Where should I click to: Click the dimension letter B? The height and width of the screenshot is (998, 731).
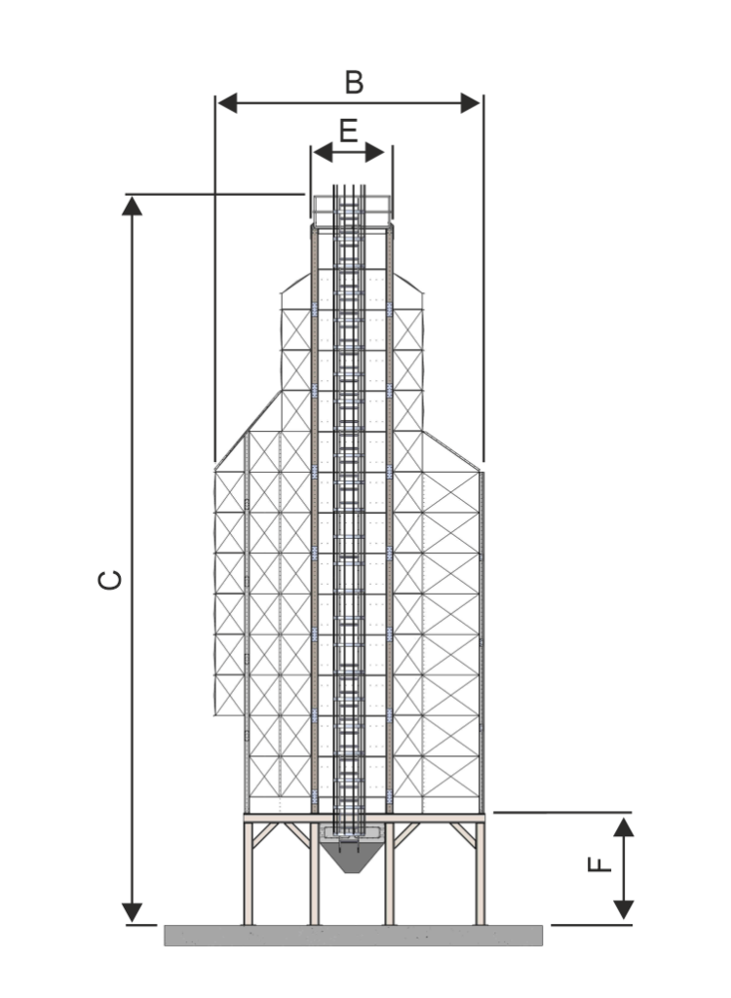(x=354, y=83)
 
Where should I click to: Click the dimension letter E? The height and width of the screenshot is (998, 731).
(x=348, y=132)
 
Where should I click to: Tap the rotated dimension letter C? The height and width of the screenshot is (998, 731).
(x=110, y=580)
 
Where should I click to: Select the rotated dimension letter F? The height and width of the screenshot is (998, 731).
(x=599, y=864)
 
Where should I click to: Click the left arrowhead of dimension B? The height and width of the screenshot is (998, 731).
(x=227, y=102)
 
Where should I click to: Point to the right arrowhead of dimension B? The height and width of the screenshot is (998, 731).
(x=471, y=102)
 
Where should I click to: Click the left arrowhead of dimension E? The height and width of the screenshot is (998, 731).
(x=324, y=152)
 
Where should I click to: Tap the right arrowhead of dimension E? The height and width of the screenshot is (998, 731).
(x=375, y=152)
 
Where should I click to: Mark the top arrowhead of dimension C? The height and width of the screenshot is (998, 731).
(x=132, y=206)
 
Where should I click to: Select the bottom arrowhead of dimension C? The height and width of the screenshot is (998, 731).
(x=132, y=912)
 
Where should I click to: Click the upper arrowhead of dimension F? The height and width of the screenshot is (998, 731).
(x=624, y=826)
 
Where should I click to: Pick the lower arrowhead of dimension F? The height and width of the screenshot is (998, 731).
(x=624, y=910)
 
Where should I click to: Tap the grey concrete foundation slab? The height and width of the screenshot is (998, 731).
(x=354, y=935)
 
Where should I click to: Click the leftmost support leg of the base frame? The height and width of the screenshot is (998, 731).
(x=249, y=873)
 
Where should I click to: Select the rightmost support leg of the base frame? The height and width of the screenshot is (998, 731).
(x=481, y=873)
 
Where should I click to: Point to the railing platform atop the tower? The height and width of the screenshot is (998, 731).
(x=352, y=211)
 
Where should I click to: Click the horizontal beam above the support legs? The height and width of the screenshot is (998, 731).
(x=365, y=818)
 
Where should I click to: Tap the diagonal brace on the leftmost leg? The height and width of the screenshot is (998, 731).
(x=265, y=835)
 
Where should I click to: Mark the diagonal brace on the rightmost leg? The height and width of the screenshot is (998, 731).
(x=464, y=835)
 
